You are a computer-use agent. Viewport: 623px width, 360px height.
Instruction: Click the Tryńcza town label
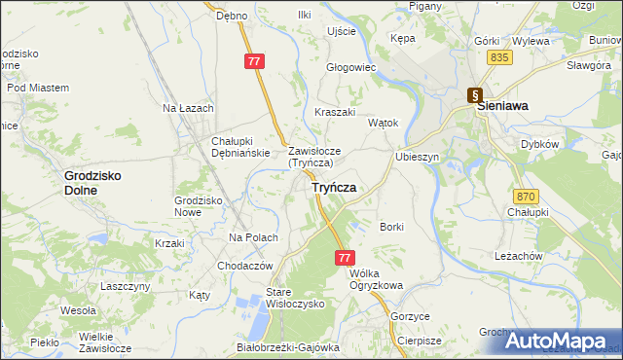coord(334,187)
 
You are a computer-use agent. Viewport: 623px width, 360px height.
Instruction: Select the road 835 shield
coord(500,59)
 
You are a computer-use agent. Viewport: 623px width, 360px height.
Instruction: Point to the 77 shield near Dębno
coord(254,61)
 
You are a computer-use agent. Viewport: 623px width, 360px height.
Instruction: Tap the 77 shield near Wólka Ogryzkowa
coord(345,258)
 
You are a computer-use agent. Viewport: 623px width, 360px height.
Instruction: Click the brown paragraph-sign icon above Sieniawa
coord(474,95)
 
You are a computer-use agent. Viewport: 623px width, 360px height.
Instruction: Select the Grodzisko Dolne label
coord(93,183)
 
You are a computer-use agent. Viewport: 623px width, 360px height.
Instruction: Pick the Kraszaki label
coord(335,113)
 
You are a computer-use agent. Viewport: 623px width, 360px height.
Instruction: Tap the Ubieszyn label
coord(419,157)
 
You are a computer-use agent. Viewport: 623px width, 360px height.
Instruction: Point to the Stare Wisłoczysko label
coord(281,298)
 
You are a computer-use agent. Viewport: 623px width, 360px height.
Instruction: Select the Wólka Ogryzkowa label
coord(375,279)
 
